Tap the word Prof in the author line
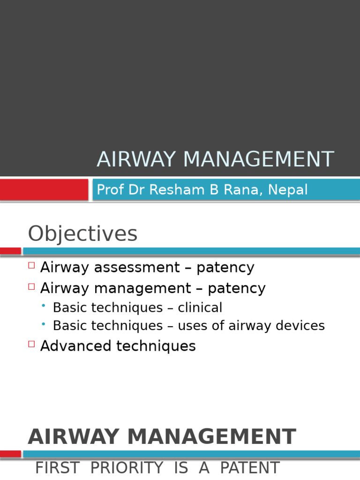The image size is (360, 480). pyautogui.click(x=107, y=190)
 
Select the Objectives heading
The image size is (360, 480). pyautogui.click(x=82, y=234)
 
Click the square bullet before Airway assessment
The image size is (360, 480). pyautogui.click(x=31, y=265)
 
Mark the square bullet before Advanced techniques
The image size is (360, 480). pyautogui.click(x=31, y=344)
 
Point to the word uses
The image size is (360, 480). pyautogui.click(x=193, y=325)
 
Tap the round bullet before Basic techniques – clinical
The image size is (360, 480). pyautogui.click(x=44, y=306)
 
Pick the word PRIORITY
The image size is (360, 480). pyautogui.click(x=127, y=468)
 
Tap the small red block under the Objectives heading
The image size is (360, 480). pyautogui.click(x=10, y=251)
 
